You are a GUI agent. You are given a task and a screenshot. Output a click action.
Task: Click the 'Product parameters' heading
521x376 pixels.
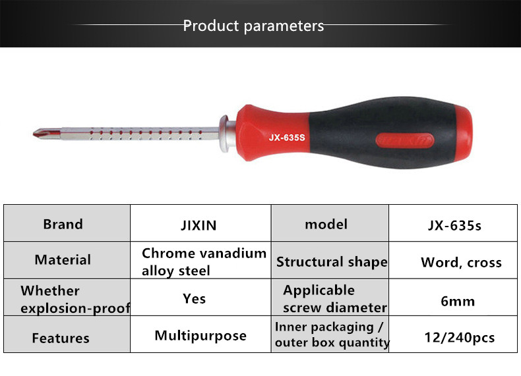click(x=253, y=26)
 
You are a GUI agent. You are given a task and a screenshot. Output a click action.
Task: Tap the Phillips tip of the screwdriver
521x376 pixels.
click(x=42, y=134)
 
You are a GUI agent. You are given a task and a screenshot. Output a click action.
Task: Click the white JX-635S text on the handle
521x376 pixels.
click(x=287, y=138)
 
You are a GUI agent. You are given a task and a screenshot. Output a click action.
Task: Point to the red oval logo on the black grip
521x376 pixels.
click(x=405, y=140)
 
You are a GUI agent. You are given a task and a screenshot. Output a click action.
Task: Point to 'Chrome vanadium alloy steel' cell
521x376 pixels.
click(x=200, y=260)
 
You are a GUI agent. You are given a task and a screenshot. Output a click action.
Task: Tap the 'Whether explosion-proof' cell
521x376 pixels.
click(x=67, y=298)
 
